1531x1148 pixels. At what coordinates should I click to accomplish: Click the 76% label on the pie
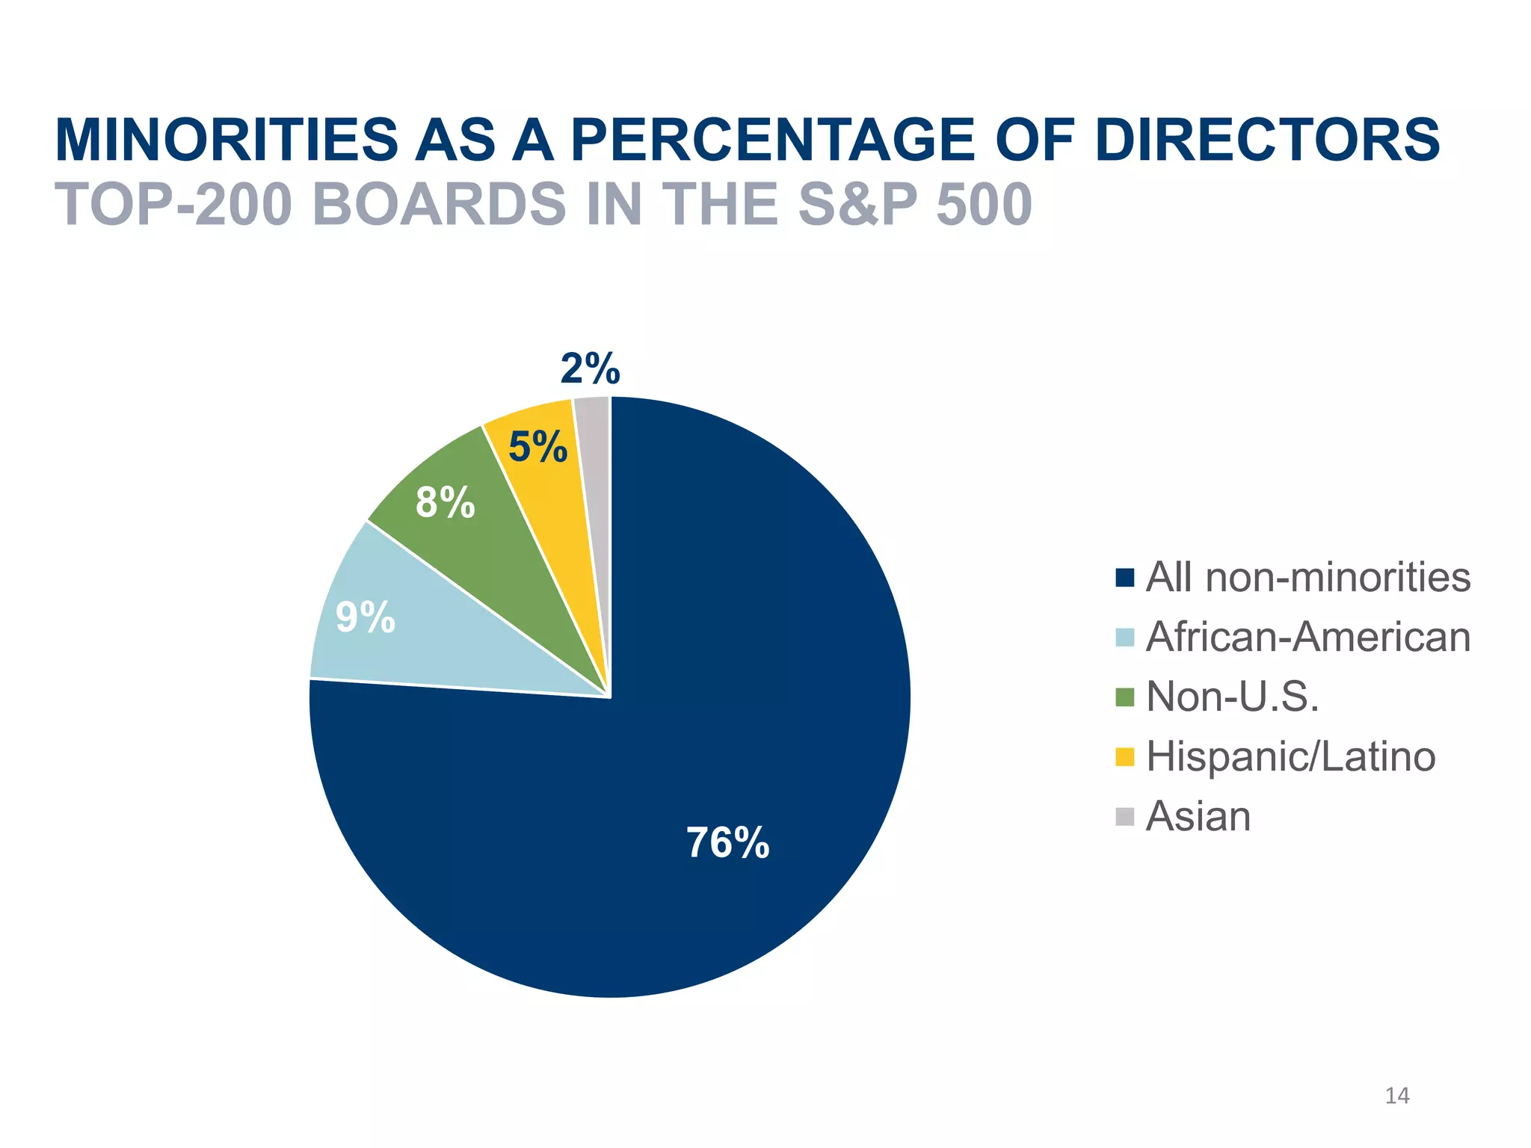[x=727, y=843]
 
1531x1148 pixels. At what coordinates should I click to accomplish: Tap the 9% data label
[x=365, y=617]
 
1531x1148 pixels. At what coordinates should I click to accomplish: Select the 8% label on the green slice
[x=445, y=502]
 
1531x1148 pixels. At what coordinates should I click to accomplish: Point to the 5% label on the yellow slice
[x=537, y=447]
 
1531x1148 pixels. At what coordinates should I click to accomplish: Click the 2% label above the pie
[x=590, y=368]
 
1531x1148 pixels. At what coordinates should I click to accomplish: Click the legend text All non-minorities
[x=1307, y=578]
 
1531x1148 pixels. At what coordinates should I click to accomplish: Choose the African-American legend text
[x=1307, y=638]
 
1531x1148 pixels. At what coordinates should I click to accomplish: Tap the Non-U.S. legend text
[x=1232, y=697]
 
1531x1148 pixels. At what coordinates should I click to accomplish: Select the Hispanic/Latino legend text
[x=1290, y=756]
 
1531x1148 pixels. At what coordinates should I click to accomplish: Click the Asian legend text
[x=1198, y=816]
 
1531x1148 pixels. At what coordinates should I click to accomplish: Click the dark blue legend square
[x=1124, y=578]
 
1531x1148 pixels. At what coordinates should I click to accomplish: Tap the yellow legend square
[x=1124, y=757]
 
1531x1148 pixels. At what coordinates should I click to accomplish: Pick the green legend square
[x=1124, y=697]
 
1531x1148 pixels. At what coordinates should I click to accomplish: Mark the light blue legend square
[x=1124, y=638]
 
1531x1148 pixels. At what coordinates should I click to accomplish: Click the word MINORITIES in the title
[x=227, y=141]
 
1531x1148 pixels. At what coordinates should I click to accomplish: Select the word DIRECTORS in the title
[x=1266, y=141]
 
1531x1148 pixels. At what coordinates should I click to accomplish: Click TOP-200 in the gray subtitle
[x=173, y=205]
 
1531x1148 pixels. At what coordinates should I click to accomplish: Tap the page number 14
[x=1396, y=1096]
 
